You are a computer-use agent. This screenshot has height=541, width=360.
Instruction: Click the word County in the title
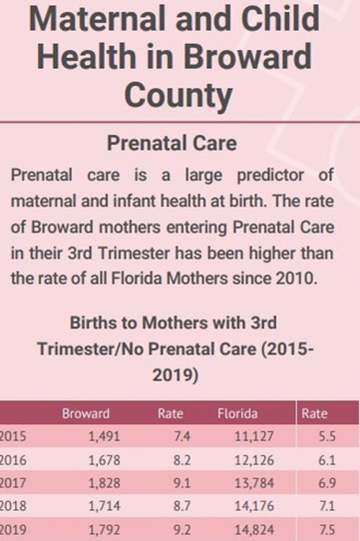pyautogui.click(x=178, y=95)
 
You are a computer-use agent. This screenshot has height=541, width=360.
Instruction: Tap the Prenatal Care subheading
pyautogui.click(x=172, y=144)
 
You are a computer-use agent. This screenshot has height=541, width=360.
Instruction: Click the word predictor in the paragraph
pyautogui.click(x=271, y=176)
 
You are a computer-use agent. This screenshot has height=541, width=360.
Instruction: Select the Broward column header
pyautogui.click(x=86, y=413)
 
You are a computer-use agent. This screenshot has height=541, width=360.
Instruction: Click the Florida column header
pyautogui.click(x=237, y=413)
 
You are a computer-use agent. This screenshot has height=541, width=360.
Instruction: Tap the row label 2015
pyautogui.click(x=13, y=436)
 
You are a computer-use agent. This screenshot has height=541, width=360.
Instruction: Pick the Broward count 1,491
pyautogui.click(x=105, y=437)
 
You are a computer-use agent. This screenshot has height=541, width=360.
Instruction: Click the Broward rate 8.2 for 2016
pyautogui.click(x=182, y=460)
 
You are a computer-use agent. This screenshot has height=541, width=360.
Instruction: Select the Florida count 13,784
pyautogui.click(x=255, y=483)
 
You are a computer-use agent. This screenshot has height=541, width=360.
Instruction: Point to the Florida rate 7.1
pyautogui.click(x=327, y=506)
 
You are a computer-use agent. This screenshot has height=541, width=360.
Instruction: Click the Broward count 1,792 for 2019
pyautogui.click(x=105, y=529)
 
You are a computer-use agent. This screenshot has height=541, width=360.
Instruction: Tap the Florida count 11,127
pyautogui.click(x=255, y=437)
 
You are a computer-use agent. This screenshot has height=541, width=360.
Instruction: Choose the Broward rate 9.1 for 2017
pyautogui.click(x=182, y=483)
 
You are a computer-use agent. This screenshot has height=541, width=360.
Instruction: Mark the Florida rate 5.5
pyautogui.click(x=327, y=436)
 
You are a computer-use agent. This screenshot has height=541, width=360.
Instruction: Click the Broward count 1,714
pyautogui.click(x=105, y=506)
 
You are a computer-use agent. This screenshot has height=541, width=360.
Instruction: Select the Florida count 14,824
pyautogui.click(x=255, y=529)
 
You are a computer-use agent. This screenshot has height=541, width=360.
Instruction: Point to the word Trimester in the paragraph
pyautogui.click(x=134, y=253)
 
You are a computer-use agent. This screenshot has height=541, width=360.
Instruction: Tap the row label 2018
pyautogui.click(x=13, y=506)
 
